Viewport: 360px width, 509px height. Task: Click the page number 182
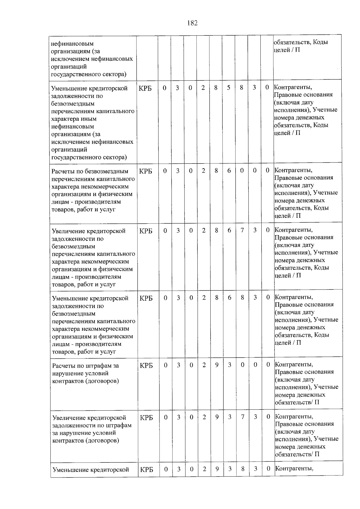point(192,23)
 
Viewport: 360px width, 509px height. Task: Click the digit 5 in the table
point(229,88)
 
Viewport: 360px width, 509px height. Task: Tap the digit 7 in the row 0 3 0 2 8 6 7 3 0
point(242,230)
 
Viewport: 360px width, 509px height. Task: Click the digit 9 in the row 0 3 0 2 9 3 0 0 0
point(217,365)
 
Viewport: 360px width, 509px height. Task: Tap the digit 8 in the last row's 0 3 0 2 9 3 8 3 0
point(243,469)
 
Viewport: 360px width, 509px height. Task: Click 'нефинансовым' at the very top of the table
point(72,44)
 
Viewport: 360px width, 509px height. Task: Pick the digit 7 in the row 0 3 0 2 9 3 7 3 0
point(242,417)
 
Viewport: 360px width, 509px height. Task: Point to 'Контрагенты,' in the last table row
point(294,468)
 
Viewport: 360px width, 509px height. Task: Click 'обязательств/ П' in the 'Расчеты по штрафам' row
point(297,402)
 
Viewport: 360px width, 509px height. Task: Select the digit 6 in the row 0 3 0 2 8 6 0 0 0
point(229,171)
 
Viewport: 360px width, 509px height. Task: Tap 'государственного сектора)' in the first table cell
point(88,74)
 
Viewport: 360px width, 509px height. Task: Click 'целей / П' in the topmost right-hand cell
point(286,50)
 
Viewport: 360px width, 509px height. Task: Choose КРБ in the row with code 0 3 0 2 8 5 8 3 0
point(145,88)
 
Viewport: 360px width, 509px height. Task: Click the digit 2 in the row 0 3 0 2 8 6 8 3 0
point(204,298)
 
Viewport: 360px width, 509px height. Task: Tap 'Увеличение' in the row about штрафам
point(70,418)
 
